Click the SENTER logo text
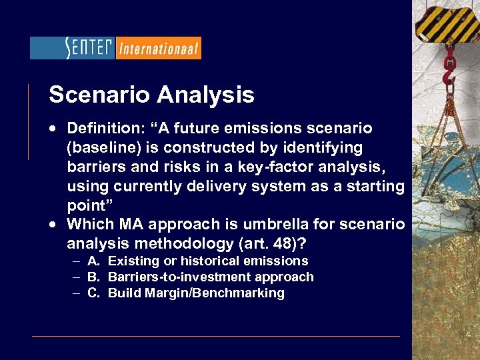pyautogui.click(x=89, y=48)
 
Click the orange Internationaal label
pyautogui.click(x=159, y=48)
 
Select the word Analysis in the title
pyautogui.click(x=206, y=95)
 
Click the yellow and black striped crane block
pyautogui.click(x=444, y=20)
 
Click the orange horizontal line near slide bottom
pyautogui.click(x=216, y=336)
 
